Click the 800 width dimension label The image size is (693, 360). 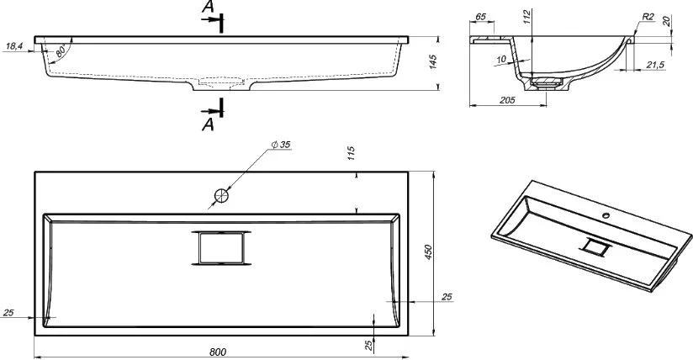pyautogui.click(x=218, y=352)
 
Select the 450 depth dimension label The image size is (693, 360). pyautogui.click(x=428, y=251)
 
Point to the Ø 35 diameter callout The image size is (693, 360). pyautogui.click(x=281, y=145)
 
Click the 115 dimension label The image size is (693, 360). pyautogui.click(x=351, y=153)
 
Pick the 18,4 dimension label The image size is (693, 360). pyautogui.click(x=14, y=46)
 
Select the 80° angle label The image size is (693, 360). pyautogui.click(x=61, y=50)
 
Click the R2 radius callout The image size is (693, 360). pyautogui.click(x=648, y=17)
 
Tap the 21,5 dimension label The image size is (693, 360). pyautogui.click(x=655, y=65)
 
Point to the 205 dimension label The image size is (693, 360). pyautogui.click(x=507, y=100)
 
